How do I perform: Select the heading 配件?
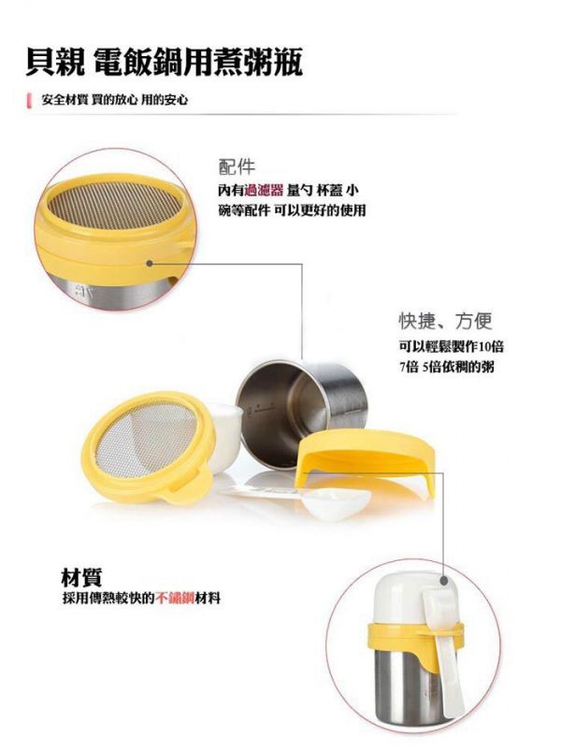tap(237, 166)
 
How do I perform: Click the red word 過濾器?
tap(263, 191)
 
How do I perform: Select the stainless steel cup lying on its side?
tap(281, 412)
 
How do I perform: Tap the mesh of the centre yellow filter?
tap(145, 441)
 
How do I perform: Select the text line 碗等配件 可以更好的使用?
tap(291, 211)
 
